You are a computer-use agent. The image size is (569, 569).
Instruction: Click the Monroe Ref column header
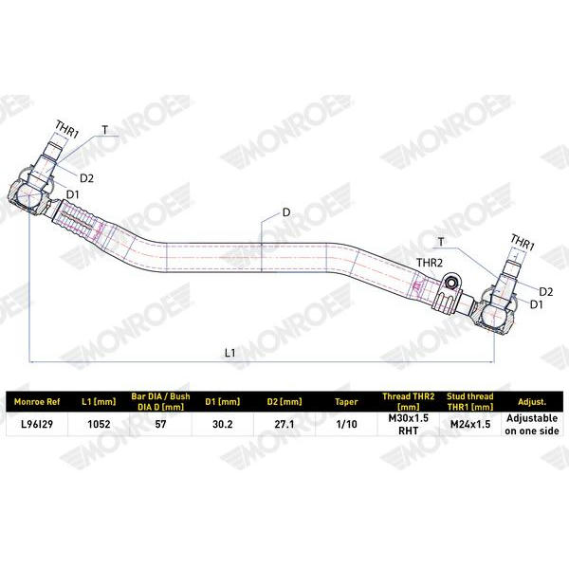(37, 402)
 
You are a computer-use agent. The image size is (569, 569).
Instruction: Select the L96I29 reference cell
(37, 424)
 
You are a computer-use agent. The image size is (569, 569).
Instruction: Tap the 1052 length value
(99, 424)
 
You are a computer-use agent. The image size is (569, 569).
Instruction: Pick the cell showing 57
(160, 424)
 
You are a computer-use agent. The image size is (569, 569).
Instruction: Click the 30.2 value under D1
(223, 424)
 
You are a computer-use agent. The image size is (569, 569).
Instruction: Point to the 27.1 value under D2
(284, 424)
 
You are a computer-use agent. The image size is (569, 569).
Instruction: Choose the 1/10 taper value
(346, 424)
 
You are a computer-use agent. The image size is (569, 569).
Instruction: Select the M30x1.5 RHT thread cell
(408, 424)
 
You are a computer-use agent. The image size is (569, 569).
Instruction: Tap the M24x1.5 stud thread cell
(470, 424)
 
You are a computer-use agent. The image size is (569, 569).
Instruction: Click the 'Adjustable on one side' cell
(532, 424)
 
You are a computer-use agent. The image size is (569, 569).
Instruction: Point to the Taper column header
(346, 402)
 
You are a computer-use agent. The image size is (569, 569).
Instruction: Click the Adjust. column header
(532, 402)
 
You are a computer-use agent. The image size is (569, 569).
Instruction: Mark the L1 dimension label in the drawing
(230, 353)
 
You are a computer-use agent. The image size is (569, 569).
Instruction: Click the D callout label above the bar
(286, 212)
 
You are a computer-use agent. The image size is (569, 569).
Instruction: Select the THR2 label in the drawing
(430, 263)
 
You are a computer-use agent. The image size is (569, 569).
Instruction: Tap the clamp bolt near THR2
(451, 282)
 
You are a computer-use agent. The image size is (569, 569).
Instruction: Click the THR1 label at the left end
(66, 130)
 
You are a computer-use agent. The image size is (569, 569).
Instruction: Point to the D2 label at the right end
(546, 291)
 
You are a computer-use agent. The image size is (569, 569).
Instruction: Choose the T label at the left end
(105, 130)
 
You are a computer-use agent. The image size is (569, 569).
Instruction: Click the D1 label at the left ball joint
(73, 194)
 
